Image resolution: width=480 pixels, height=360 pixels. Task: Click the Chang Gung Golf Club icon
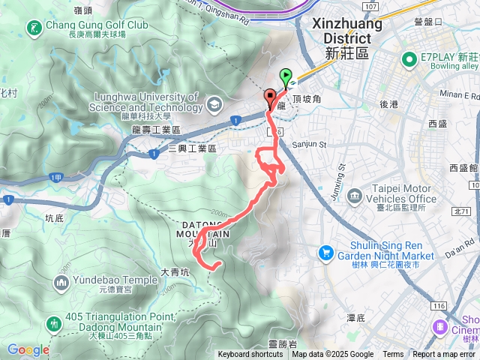[34, 29]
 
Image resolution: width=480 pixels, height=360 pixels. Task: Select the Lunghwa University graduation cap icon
[215, 103]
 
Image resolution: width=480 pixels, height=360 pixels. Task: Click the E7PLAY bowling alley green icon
[409, 59]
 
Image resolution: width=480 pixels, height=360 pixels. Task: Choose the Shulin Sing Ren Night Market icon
[326, 252]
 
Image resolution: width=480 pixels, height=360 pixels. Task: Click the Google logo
[28, 349]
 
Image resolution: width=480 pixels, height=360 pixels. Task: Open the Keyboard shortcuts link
[250, 355]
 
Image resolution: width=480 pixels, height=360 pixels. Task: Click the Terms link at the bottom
[393, 355]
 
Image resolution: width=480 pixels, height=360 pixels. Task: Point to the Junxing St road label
[340, 180]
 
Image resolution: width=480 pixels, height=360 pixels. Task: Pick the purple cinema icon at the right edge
[440, 327]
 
